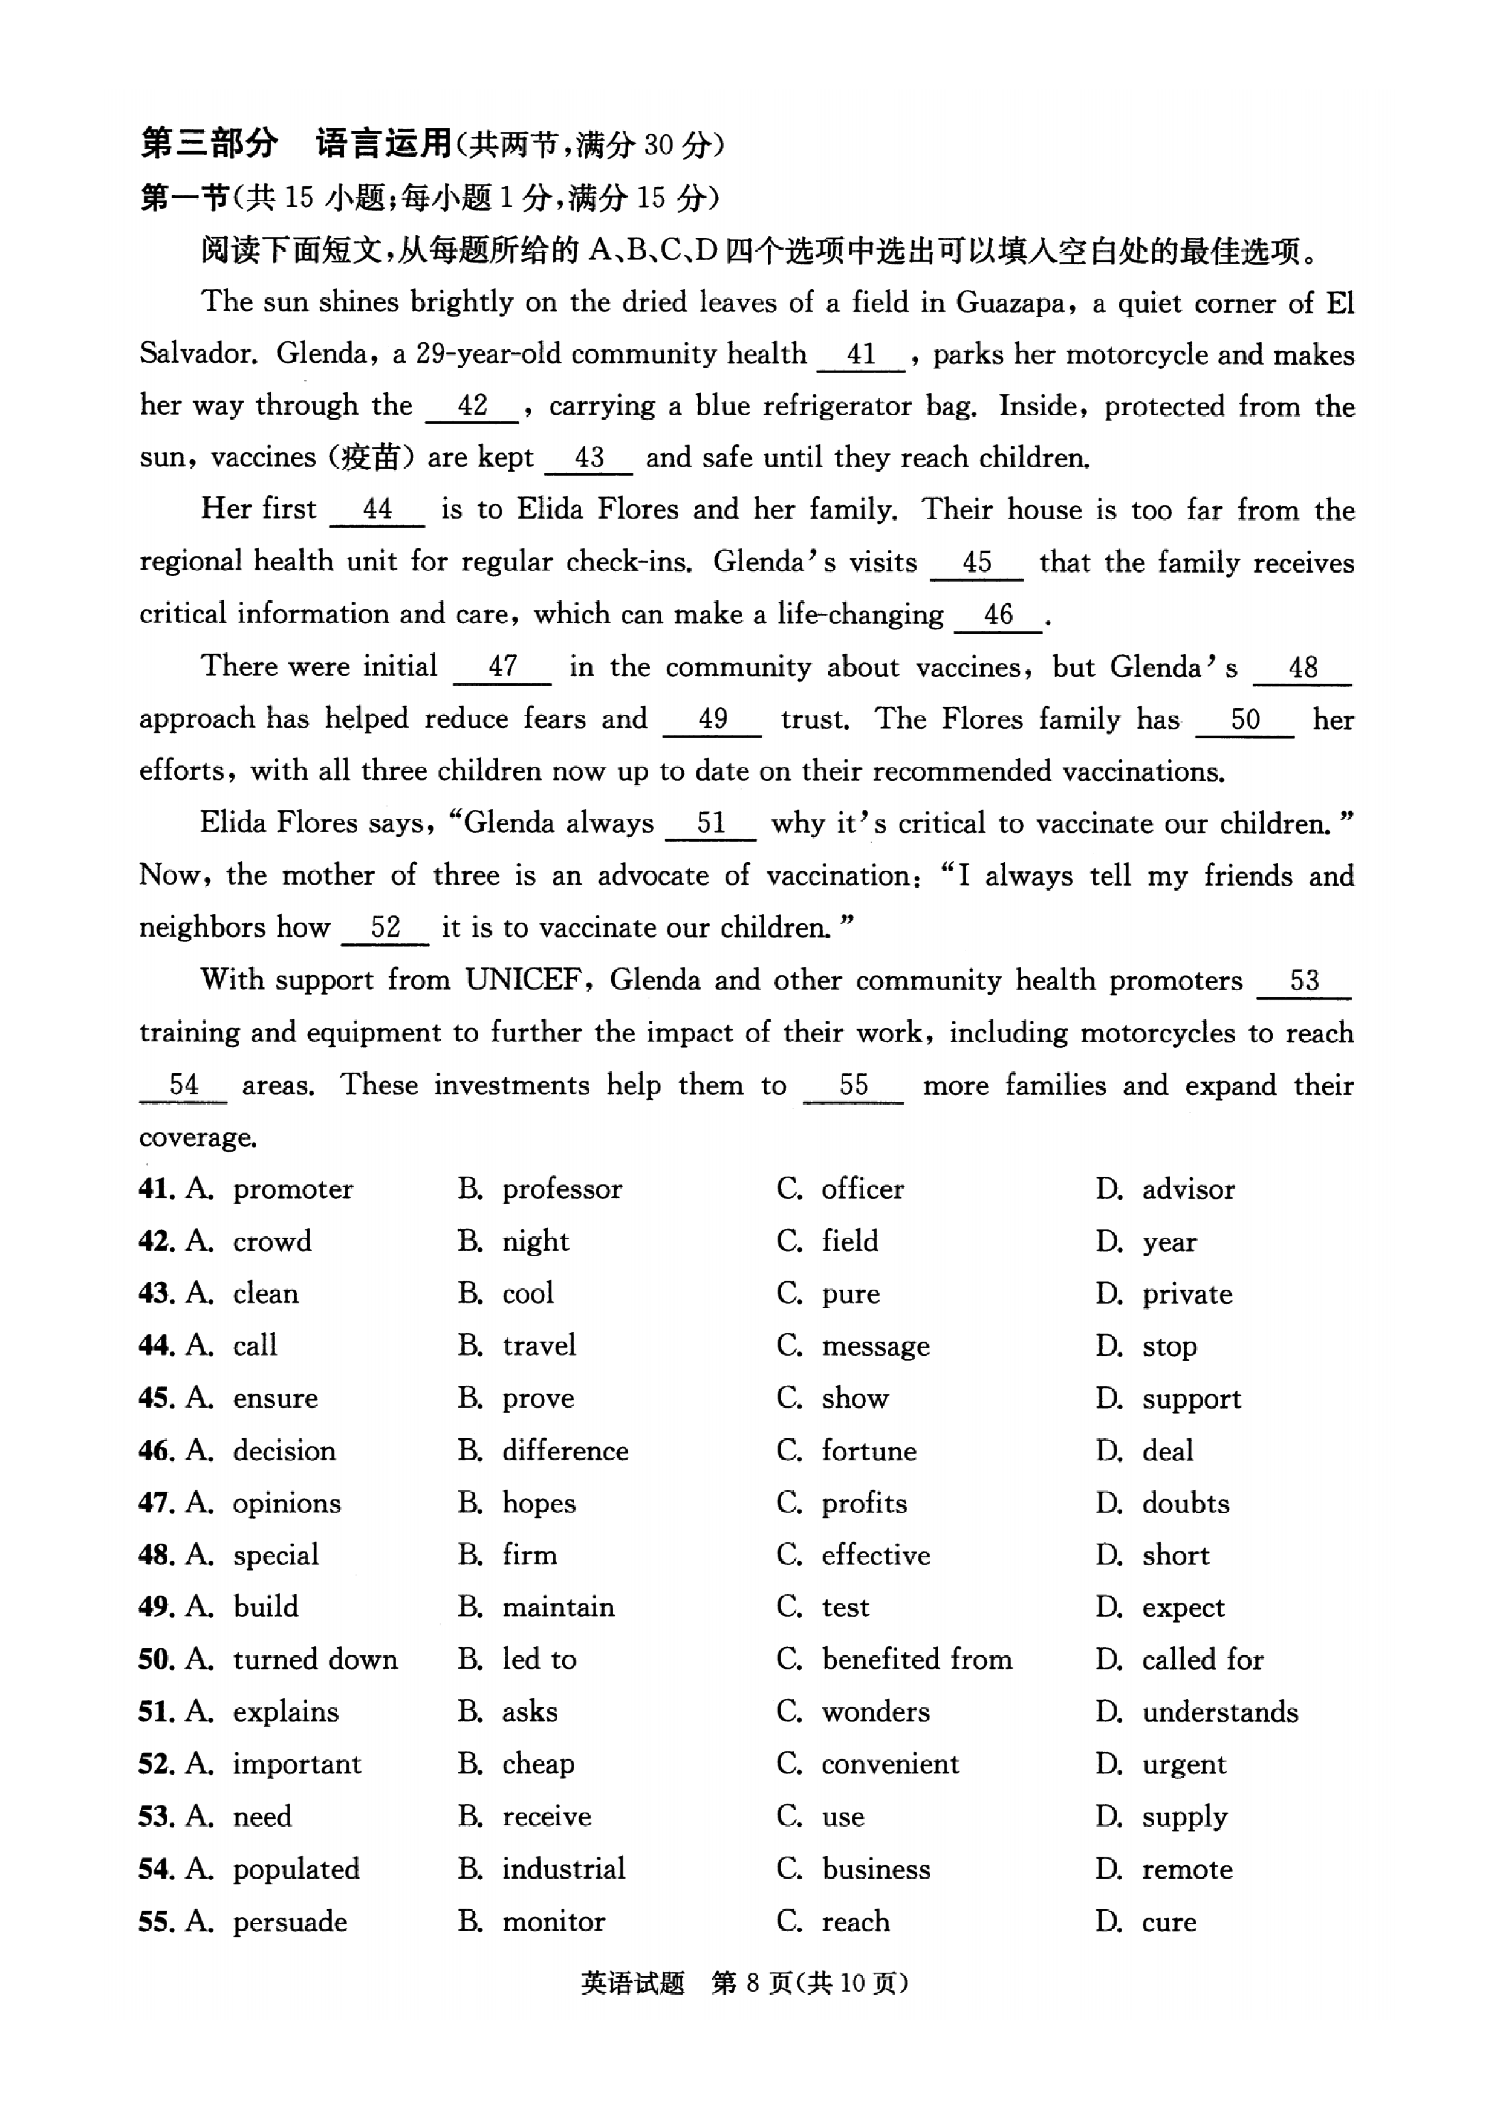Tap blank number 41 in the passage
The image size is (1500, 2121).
861,355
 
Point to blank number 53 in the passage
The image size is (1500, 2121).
1304,981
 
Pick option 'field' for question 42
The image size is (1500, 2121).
849,1241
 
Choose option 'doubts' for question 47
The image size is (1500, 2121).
1186,1504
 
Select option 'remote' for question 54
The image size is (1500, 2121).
1187,1869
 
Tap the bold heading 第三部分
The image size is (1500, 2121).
209,143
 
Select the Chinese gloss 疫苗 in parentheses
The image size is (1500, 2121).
371,457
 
